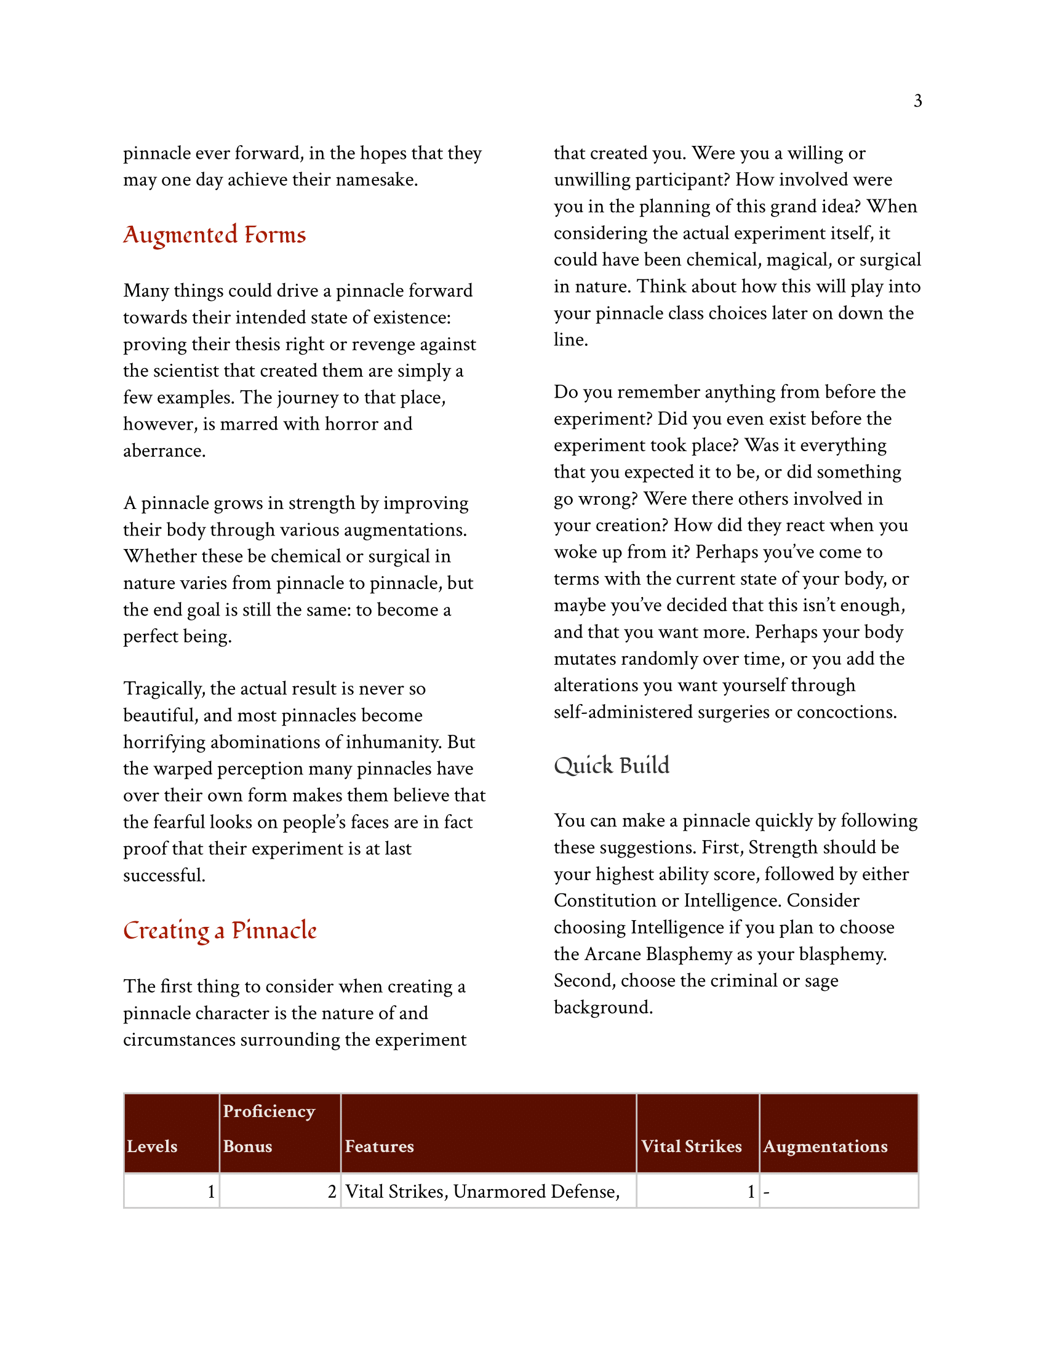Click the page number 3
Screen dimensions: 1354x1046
917,100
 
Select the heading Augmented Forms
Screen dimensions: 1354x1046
214,235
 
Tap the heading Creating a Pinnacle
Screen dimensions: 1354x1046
220,931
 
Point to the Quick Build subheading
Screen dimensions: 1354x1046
611,766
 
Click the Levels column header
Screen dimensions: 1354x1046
152,1147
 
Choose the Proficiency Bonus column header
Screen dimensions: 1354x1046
269,1129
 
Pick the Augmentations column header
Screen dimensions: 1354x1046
824,1147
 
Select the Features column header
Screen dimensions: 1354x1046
379,1147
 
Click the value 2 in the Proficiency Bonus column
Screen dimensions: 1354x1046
332,1192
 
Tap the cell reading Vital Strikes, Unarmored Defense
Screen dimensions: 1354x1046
482,1192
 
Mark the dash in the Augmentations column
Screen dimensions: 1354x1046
767,1192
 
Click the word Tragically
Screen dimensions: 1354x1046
164,689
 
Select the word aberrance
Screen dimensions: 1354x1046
164,451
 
